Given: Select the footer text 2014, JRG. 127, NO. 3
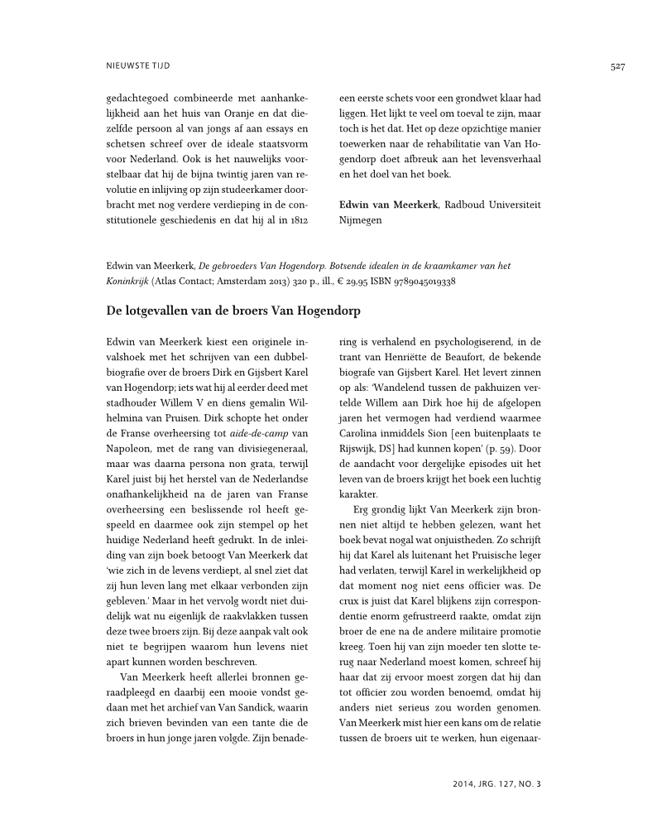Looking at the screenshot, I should coord(497,782).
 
